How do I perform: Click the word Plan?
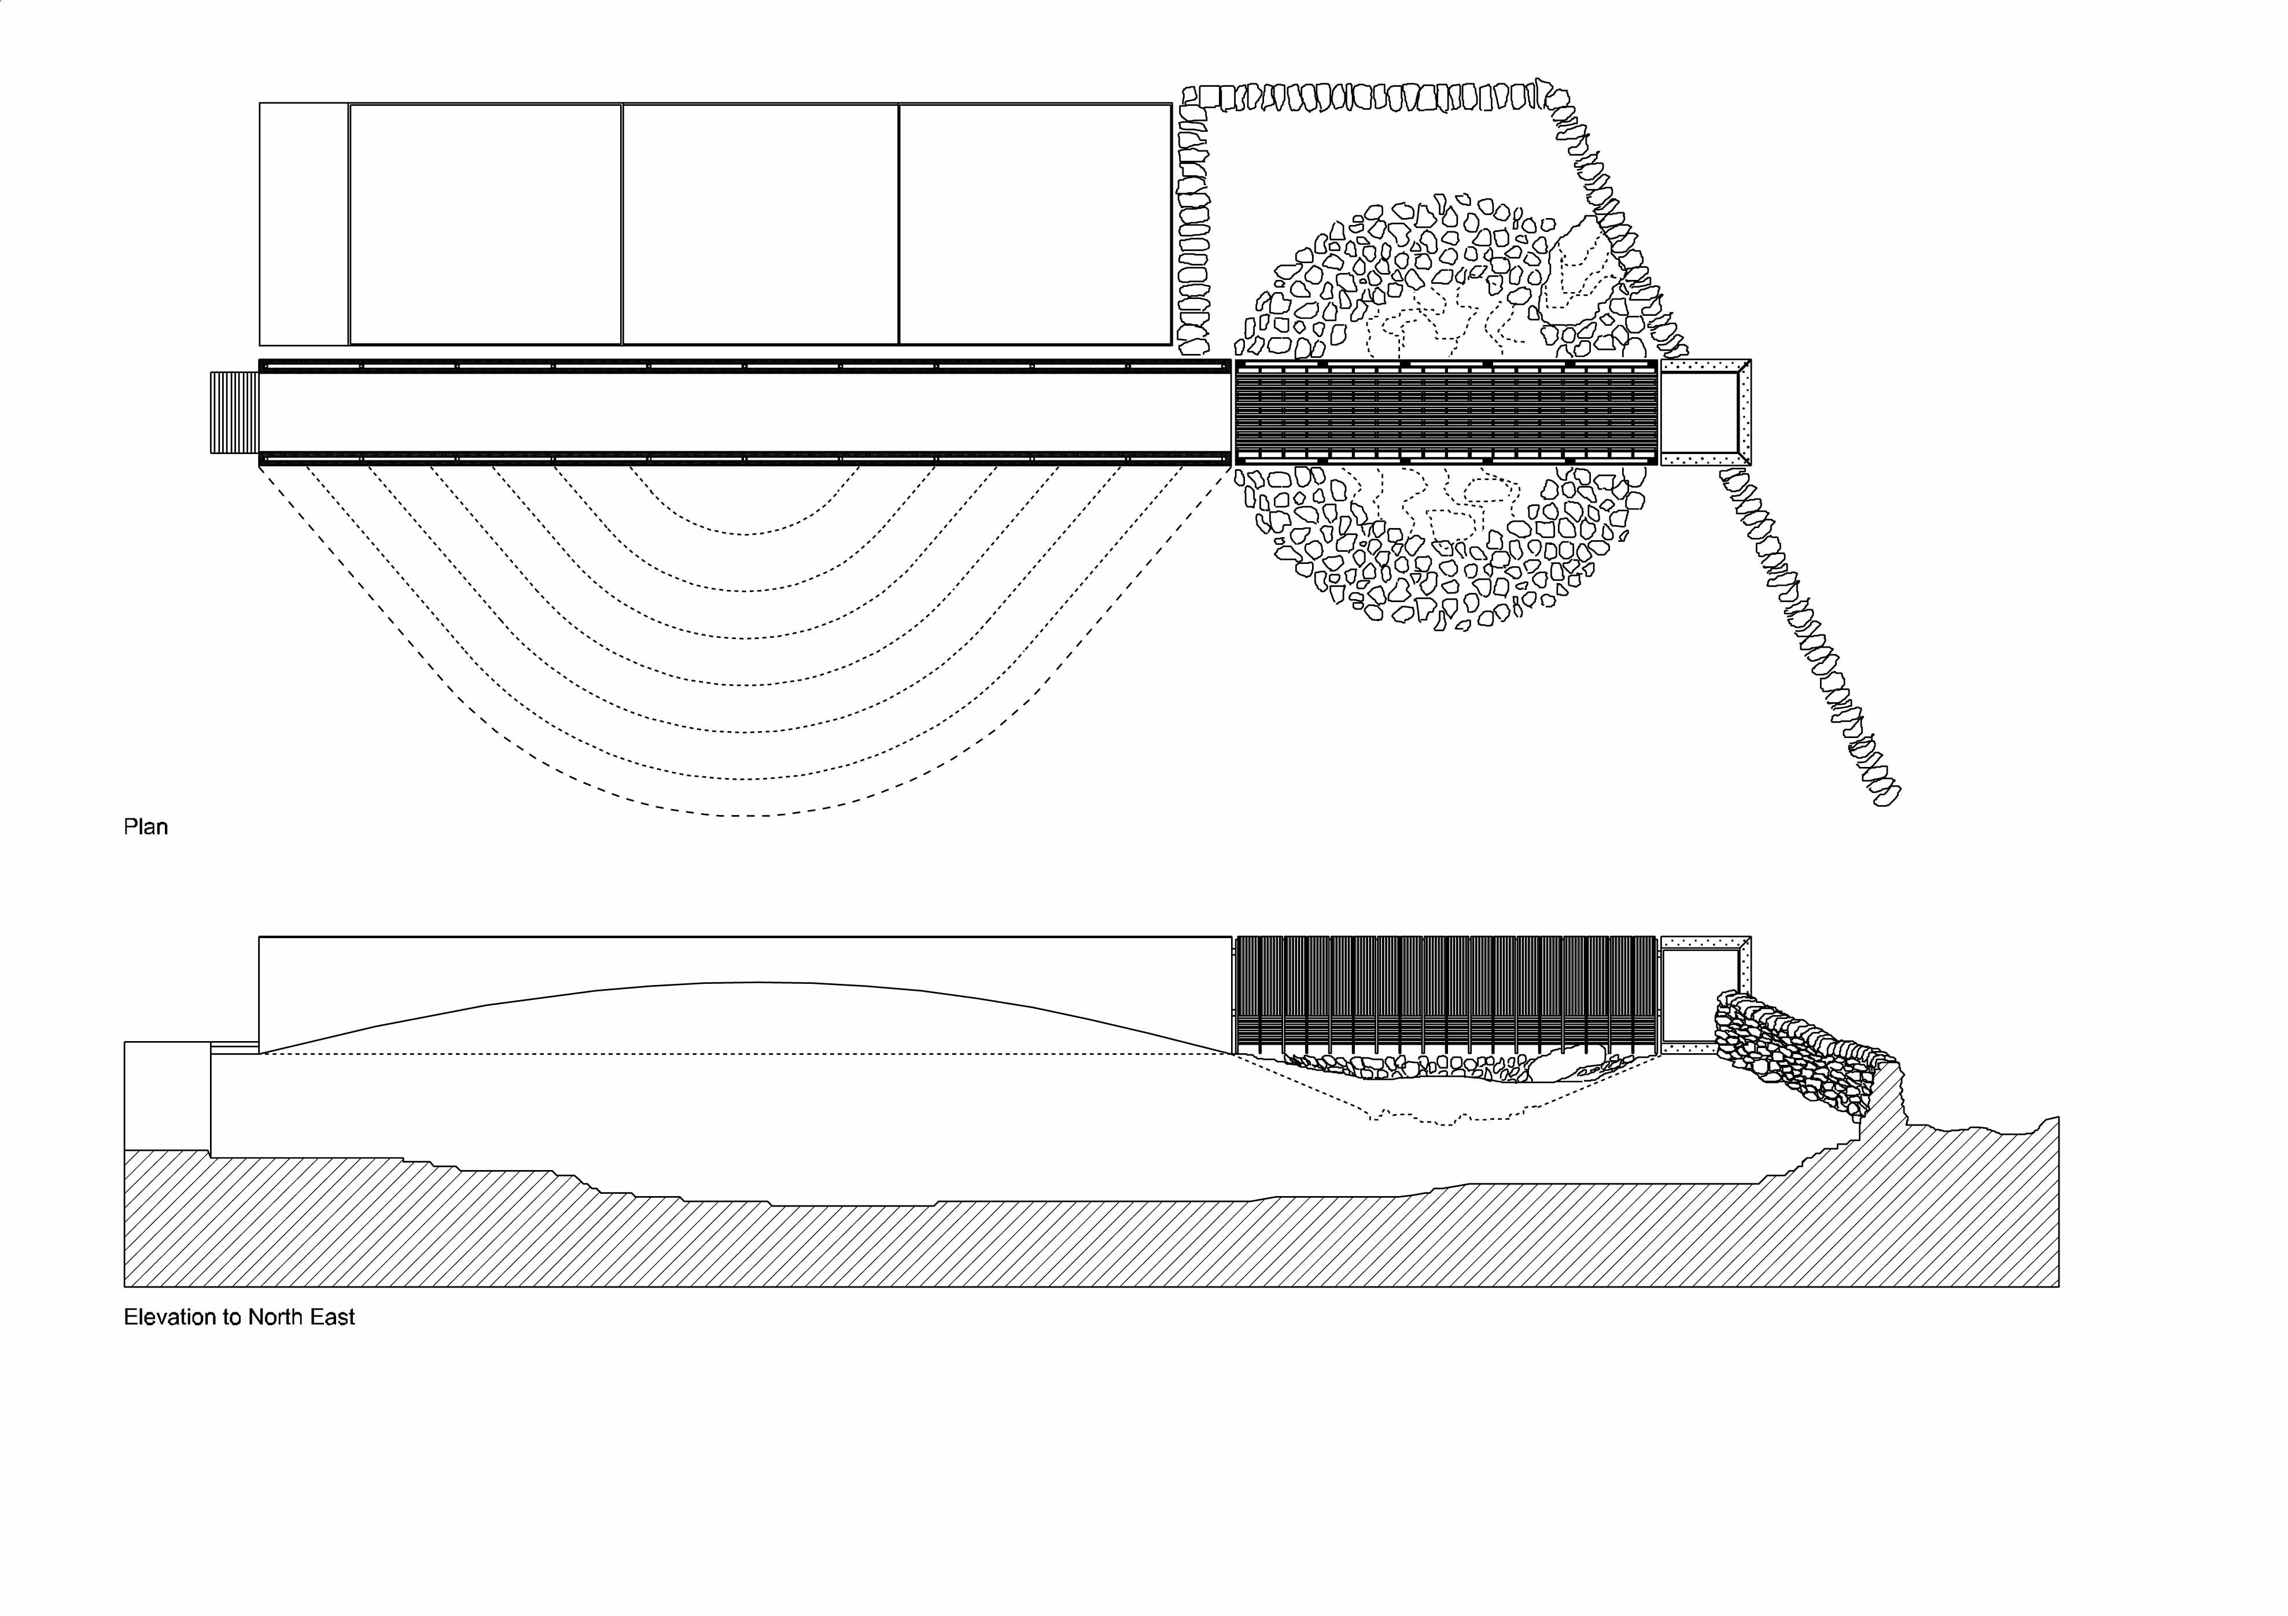pos(145,827)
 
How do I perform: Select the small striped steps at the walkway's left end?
pos(234,412)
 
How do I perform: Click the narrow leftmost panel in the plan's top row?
pos(304,224)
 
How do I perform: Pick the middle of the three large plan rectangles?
pos(760,224)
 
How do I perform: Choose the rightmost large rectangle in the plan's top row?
pos(1036,224)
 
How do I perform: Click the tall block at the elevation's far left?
pos(167,1096)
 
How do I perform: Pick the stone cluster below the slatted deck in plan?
pos(1442,548)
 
